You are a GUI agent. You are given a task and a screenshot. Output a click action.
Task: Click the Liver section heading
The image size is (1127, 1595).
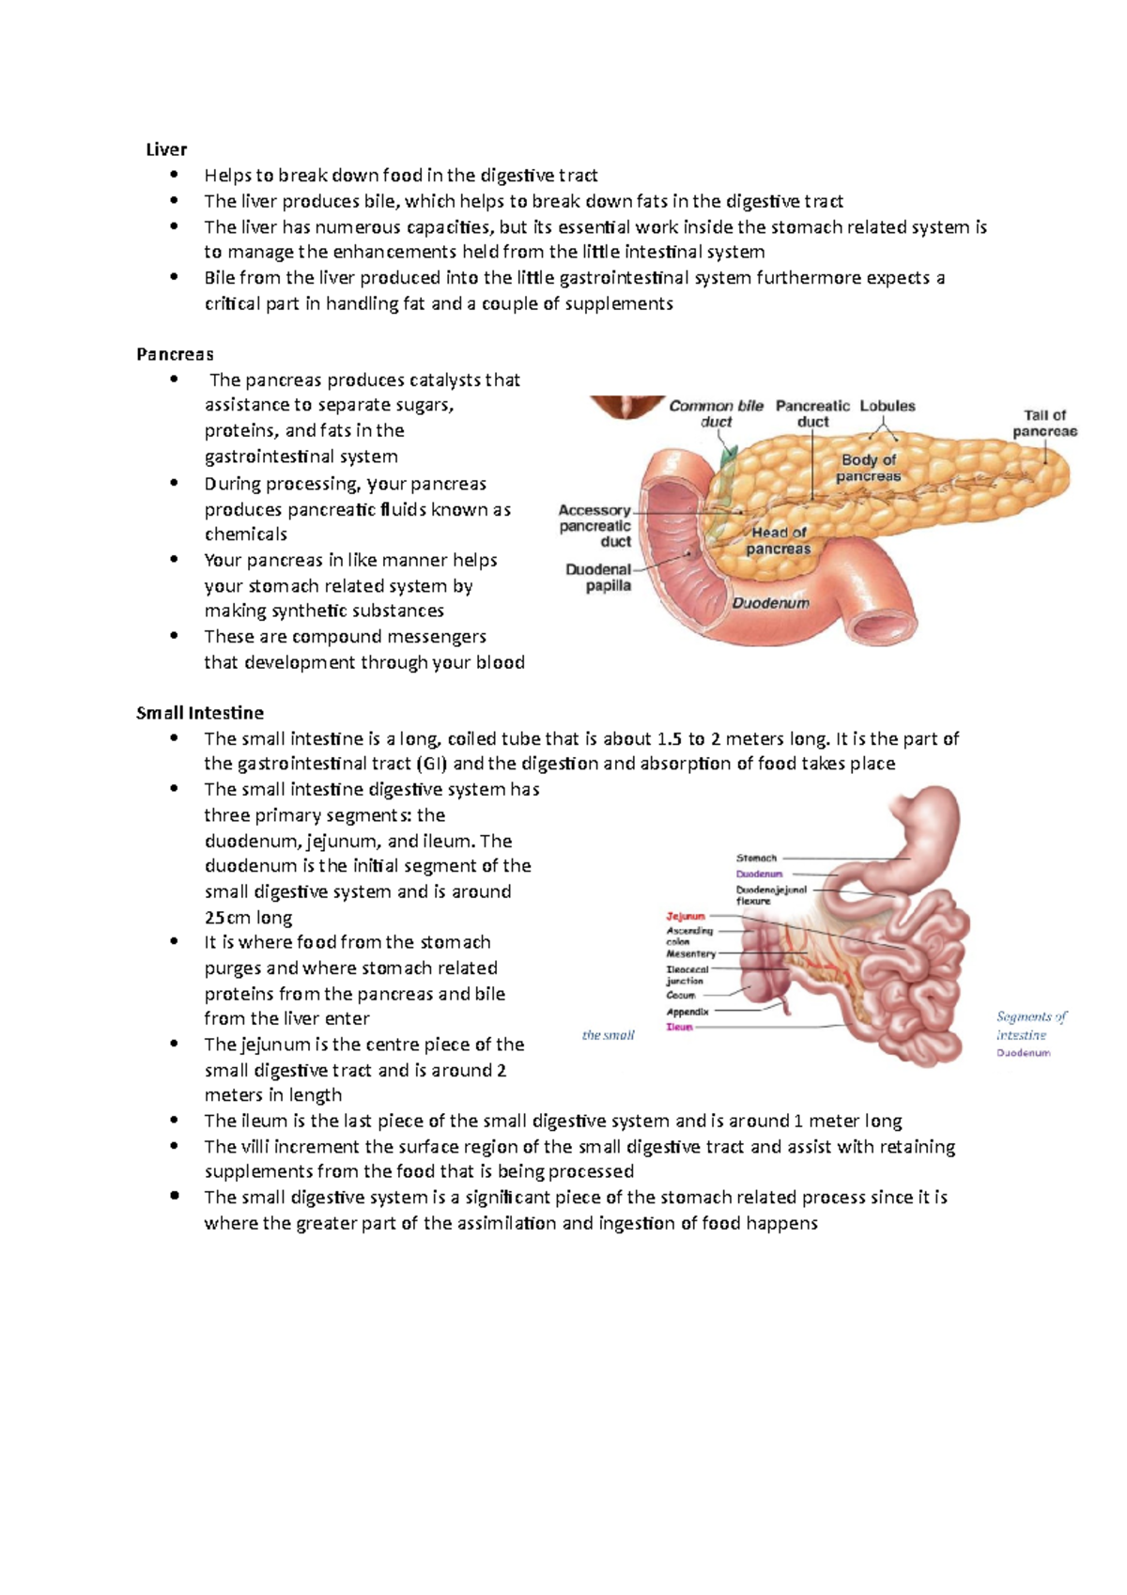click(166, 149)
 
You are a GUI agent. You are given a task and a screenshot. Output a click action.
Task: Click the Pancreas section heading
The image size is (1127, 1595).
click(175, 354)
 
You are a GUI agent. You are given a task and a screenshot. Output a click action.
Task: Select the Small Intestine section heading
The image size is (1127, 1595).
click(199, 713)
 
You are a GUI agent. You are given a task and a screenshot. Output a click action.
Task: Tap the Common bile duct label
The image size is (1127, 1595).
click(716, 413)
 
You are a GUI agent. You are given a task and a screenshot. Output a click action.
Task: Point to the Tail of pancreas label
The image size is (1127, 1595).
click(1044, 423)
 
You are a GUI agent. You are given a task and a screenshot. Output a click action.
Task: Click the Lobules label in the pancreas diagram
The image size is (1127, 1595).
click(887, 406)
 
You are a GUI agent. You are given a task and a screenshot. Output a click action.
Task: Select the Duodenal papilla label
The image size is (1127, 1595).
click(599, 578)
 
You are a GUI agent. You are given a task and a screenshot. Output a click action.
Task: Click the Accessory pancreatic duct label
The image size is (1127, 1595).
click(594, 525)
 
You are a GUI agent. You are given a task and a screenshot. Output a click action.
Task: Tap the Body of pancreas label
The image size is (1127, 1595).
click(869, 468)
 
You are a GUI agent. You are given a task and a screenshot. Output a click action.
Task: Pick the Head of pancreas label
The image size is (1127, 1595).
click(779, 540)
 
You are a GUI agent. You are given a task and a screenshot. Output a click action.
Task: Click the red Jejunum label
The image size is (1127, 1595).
click(686, 916)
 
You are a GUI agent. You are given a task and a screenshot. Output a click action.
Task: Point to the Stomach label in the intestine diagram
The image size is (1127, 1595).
click(756, 858)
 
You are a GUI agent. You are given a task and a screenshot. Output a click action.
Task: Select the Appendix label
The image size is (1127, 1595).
click(687, 1012)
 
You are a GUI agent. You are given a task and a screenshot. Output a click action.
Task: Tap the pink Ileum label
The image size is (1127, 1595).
click(679, 1027)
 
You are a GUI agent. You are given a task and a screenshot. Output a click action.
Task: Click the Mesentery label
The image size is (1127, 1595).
click(690, 953)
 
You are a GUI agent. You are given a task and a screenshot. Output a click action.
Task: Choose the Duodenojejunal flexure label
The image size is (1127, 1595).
click(770, 895)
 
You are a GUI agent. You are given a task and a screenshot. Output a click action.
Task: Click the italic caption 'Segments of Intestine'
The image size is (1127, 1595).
click(1030, 1025)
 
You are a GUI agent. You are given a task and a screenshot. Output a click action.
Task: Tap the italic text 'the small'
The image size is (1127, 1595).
click(608, 1035)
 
